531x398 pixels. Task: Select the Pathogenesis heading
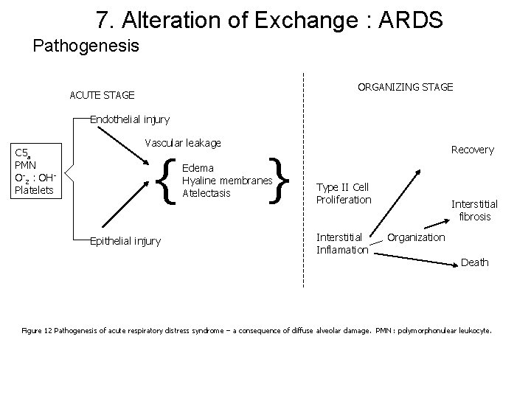[86, 46]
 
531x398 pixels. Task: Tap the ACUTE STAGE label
[102, 95]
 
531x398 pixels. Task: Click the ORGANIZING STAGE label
[405, 87]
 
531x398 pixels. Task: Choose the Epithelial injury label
[125, 241]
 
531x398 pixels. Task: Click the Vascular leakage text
[183, 142]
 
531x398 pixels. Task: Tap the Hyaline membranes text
[227, 181]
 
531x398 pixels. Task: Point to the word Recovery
[472, 150]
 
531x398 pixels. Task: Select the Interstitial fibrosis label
[474, 210]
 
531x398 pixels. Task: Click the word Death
[474, 262]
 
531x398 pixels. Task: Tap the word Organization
[416, 237]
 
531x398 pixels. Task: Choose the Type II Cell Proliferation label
[343, 194]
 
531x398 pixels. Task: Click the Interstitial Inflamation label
[341, 243]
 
